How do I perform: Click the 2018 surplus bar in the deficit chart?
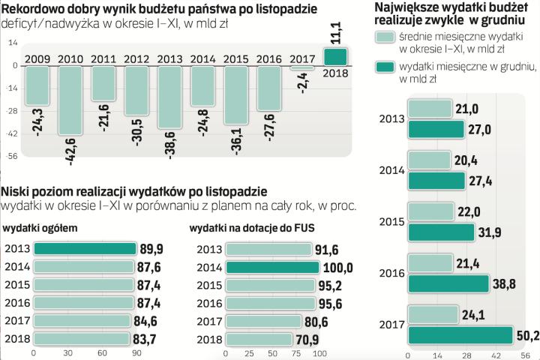(x=335, y=57)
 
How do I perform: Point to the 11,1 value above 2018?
(x=336, y=31)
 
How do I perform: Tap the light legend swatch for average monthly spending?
(x=387, y=39)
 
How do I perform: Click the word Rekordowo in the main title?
(x=31, y=10)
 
